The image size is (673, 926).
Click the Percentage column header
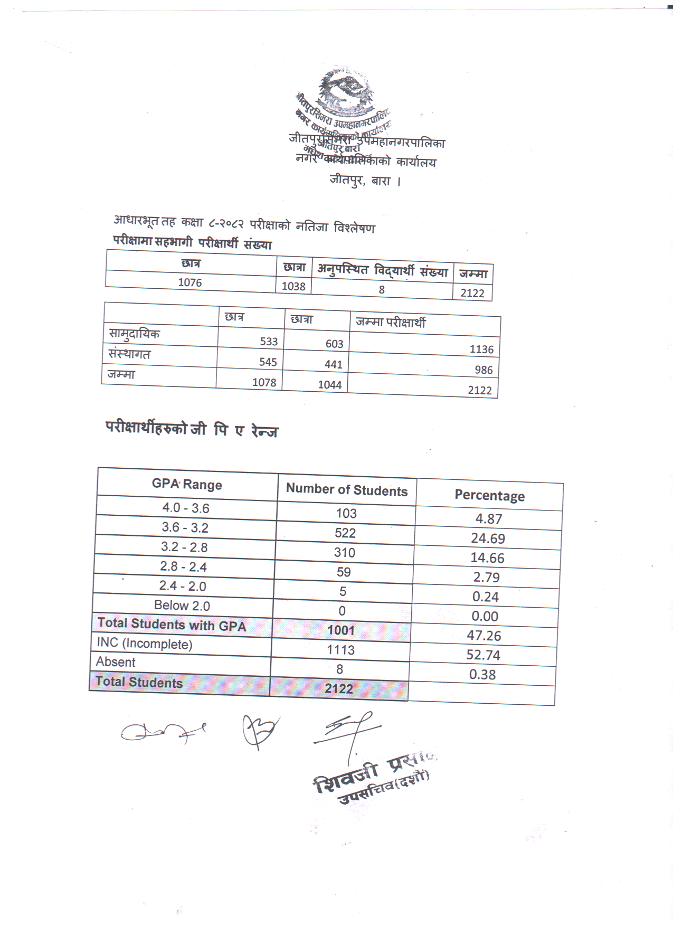[489, 496]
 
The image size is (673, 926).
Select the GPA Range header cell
[187, 484]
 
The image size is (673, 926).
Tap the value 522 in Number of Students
[345, 533]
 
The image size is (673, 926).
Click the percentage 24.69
[488, 538]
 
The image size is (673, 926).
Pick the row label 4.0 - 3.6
[186, 508]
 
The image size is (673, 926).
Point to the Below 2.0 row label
[182, 606]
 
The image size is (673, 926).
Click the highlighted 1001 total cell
[341, 630]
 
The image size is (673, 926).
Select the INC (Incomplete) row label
[145, 644]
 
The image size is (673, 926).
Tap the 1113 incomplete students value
[340, 650]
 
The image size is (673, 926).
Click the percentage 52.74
[483, 655]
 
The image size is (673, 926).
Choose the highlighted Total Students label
[139, 682]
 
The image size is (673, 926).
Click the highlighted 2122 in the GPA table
[339, 689]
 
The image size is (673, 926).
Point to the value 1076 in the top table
[190, 282]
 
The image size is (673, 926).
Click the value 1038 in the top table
[293, 286]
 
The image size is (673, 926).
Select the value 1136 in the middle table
[481, 349]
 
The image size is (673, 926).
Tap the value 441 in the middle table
[334, 364]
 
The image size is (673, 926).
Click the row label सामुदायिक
[134, 334]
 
